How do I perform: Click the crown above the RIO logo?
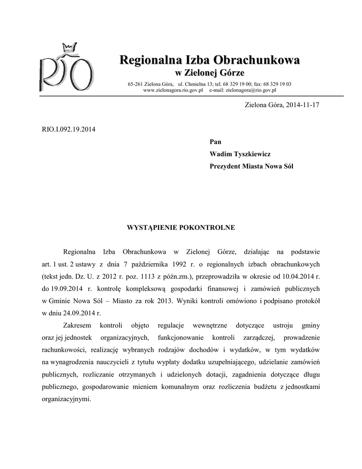pyautogui.click(x=69, y=47)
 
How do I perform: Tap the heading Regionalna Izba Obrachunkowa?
pyautogui.click(x=210, y=60)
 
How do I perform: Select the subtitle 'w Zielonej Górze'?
pyautogui.click(x=210, y=73)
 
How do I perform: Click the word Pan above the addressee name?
pyautogui.click(x=215, y=142)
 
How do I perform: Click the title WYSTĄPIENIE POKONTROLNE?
pyautogui.click(x=181, y=227)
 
